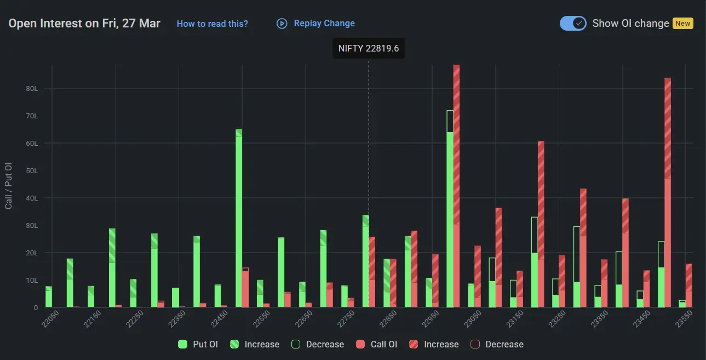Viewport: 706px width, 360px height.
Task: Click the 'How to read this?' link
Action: click(212, 24)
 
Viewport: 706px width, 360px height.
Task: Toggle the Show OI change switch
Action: click(573, 24)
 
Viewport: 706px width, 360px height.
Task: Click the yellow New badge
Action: click(682, 24)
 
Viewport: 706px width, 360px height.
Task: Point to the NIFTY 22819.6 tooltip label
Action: click(369, 48)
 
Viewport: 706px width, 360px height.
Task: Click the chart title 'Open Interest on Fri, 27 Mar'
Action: click(84, 24)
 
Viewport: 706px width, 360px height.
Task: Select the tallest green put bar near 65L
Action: click(239, 219)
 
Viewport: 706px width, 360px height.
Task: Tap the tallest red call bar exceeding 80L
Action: click(456, 186)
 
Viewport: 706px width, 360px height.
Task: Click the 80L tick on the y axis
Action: click(32, 89)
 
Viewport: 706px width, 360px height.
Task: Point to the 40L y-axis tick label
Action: click(32, 198)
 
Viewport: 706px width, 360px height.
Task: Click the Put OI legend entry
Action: click(198, 344)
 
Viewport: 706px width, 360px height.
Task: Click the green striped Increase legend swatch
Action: click(234, 344)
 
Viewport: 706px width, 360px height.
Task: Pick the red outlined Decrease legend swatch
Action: click(475, 344)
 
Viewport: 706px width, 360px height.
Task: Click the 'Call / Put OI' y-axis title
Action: click(8, 185)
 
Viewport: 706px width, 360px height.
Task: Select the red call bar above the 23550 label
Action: click(688, 286)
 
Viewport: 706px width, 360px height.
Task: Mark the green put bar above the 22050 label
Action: click(49, 296)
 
